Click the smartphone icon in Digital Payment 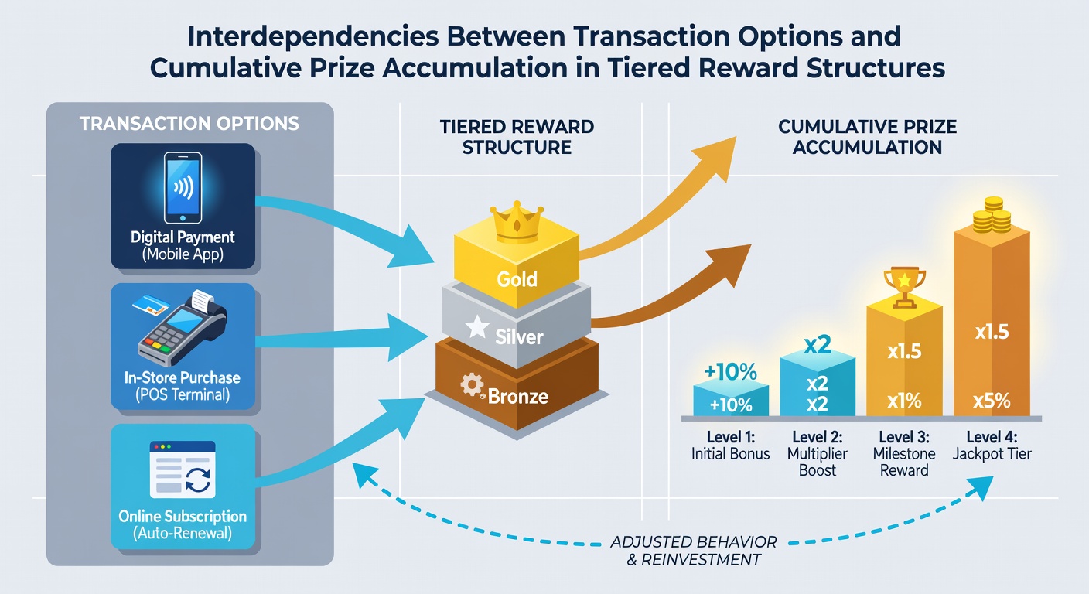183,188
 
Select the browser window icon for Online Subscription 183,469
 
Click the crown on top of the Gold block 517,223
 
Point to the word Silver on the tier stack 519,337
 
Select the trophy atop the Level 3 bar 904,287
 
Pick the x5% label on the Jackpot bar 992,401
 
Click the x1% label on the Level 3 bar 904,401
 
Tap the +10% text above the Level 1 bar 730,372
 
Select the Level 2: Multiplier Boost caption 818,453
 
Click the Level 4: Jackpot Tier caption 992,445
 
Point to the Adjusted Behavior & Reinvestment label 694,551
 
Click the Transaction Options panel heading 189,124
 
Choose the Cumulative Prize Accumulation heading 867,137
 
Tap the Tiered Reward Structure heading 517,137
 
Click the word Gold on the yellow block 517,279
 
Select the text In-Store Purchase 183,377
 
